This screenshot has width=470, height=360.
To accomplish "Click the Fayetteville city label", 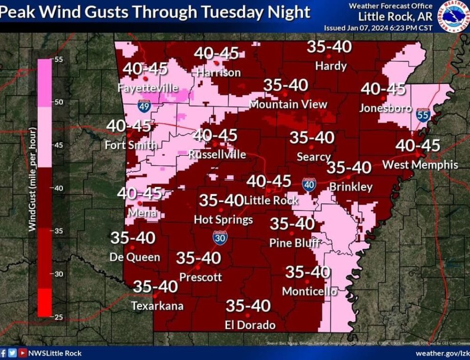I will (x=148, y=88).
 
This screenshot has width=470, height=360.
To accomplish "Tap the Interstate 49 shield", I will (x=144, y=106).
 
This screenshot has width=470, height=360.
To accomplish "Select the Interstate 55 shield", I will (x=423, y=115).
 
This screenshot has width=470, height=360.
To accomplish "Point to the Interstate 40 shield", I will (x=309, y=185).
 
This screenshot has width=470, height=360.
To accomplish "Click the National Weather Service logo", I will (x=452, y=16).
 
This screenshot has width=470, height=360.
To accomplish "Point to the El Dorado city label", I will (x=250, y=325).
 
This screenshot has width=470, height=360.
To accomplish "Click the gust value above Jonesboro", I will (x=383, y=88).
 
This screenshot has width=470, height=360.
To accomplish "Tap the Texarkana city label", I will (x=157, y=306).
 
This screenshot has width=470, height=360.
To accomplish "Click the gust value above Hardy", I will (x=329, y=47).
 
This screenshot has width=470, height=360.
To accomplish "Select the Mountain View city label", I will (x=288, y=104).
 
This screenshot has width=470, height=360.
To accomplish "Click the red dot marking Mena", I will (x=140, y=203).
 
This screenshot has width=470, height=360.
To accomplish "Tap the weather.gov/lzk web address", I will (x=441, y=352).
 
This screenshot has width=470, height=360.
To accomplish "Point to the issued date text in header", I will (x=378, y=28).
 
